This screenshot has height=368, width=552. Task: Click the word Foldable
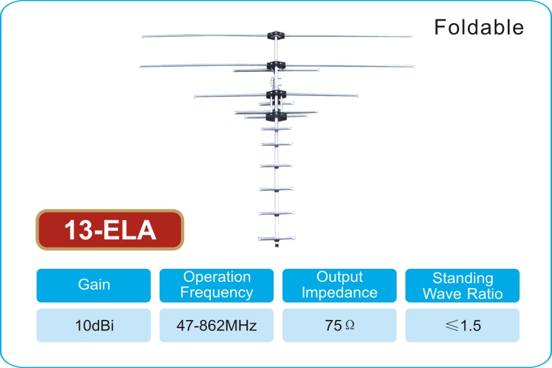479,27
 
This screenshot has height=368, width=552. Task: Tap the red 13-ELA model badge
110,230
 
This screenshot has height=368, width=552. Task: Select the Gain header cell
94,285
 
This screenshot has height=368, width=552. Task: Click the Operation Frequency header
216,285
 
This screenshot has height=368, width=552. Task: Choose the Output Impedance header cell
339,285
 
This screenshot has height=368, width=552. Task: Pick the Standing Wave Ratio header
462,285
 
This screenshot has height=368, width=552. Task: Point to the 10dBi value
94,326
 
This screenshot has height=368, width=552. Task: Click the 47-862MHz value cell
216,326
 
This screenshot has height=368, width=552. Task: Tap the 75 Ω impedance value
339,326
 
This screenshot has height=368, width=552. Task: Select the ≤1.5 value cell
462,326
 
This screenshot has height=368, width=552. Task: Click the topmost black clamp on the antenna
276,35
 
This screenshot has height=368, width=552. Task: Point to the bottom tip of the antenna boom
277,246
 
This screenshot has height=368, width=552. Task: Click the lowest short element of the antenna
277,238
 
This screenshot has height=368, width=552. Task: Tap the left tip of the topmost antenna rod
143,36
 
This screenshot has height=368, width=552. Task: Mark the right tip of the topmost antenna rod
411,36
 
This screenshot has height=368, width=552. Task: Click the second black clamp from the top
276,65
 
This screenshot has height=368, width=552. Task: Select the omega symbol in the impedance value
350,325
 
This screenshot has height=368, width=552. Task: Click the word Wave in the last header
442,294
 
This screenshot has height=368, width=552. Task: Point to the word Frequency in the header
216,293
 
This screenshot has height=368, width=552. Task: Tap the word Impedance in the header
339,293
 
